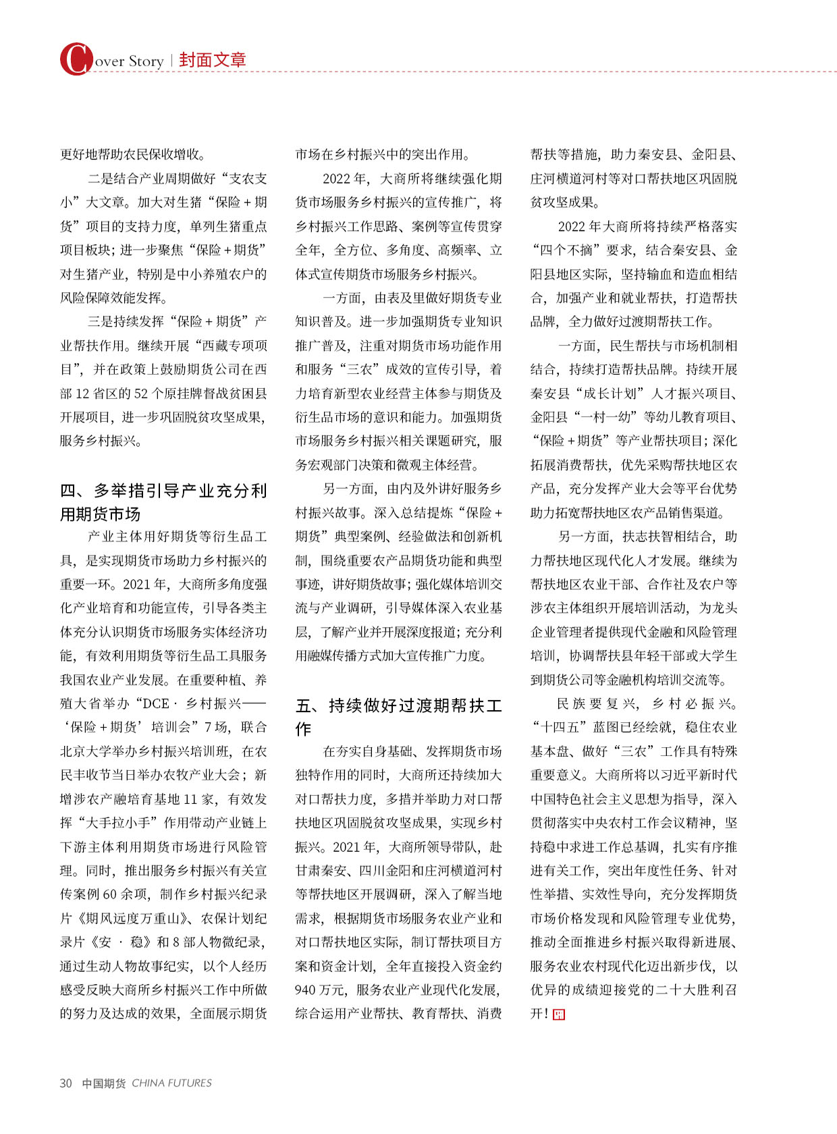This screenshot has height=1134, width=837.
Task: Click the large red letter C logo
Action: [x=76, y=59]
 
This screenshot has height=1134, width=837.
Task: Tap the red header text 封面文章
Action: [x=213, y=60]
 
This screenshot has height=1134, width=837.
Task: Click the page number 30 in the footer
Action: [x=65, y=1083]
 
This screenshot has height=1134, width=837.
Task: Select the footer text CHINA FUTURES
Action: [x=171, y=1083]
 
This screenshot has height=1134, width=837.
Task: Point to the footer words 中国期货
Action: [x=103, y=1083]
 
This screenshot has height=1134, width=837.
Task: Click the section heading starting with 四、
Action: [x=163, y=502]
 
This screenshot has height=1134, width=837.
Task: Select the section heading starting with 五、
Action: [x=398, y=717]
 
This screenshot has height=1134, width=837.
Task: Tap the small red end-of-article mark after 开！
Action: [x=558, y=1014]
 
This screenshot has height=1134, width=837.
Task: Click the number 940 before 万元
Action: [x=306, y=990]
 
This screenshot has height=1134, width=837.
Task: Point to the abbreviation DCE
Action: [x=156, y=703]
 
